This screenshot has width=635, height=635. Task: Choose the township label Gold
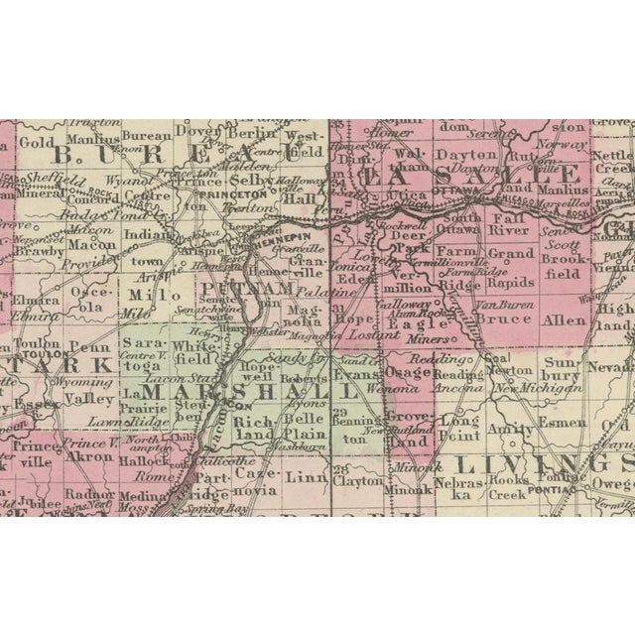click(x=36, y=142)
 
